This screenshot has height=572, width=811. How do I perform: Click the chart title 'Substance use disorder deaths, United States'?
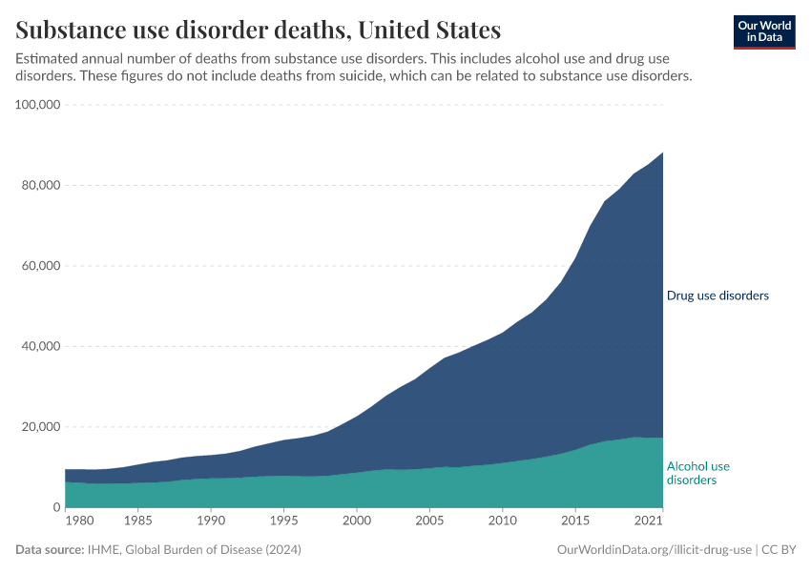(x=259, y=29)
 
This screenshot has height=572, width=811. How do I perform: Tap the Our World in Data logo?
(x=763, y=31)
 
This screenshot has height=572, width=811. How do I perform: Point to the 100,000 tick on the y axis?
(x=39, y=105)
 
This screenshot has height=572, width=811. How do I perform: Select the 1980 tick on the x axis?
(x=80, y=521)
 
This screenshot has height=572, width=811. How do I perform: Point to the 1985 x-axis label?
(x=138, y=521)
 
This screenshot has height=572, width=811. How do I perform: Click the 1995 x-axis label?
(x=283, y=521)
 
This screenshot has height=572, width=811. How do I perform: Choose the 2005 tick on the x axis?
(x=429, y=521)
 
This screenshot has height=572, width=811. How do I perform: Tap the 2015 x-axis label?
(x=574, y=521)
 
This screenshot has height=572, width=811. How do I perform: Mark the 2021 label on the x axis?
(x=649, y=521)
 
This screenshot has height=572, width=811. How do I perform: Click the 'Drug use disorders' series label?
(x=717, y=296)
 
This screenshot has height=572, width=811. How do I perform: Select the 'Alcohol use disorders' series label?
(x=697, y=473)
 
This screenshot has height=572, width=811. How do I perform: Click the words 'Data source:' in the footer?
(x=49, y=550)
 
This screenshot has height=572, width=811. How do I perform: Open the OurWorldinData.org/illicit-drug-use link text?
(x=654, y=550)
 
